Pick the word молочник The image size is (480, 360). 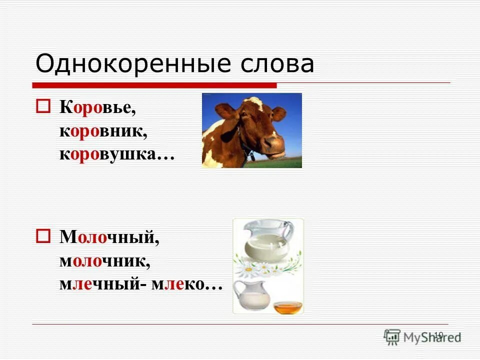(x=105, y=261)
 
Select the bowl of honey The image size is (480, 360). (x=287, y=306)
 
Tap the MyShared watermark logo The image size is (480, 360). (x=422, y=337)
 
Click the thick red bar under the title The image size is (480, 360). (x=155, y=85)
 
